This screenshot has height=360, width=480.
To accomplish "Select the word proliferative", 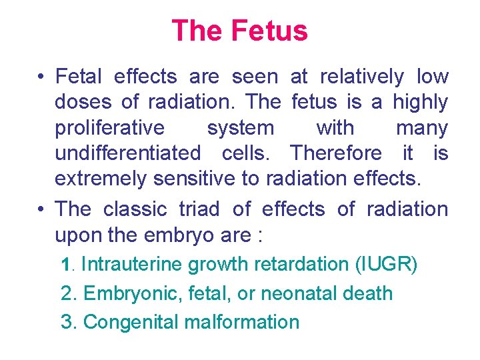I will tap(109, 127).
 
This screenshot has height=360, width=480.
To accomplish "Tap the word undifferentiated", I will tap(127, 153).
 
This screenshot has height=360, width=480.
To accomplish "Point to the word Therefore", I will tap(336, 153).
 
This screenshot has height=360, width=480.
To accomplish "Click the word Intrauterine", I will tap(131, 265).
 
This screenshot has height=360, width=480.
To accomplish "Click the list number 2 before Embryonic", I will tap(66, 293).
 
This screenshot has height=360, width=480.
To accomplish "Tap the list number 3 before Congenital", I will tap(66, 322).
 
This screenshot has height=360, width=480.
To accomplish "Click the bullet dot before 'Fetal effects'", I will tap(41, 77).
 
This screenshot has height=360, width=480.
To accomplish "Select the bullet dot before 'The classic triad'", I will tap(41, 209).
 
